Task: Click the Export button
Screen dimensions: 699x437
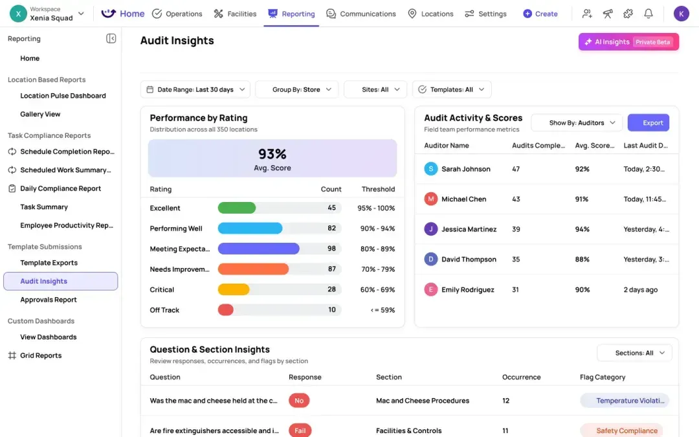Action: tap(648, 122)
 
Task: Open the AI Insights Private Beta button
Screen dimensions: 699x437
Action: tap(628, 42)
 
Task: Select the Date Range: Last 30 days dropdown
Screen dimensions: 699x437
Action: tap(195, 89)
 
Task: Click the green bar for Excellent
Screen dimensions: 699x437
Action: tap(237, 208)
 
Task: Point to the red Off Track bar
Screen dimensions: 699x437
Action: tap(226, 310)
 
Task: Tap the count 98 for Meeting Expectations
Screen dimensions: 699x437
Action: tap(331, 249)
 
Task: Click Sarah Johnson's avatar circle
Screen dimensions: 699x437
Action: tap(430, 169)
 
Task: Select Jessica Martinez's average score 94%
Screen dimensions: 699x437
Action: tap(582, 229)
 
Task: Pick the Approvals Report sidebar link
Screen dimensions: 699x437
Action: tap(49, 300)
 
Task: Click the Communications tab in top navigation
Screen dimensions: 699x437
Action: tap(361, 14)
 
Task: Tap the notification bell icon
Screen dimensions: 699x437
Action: tap(648, 14)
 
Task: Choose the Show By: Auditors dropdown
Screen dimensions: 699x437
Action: tap(577, 122)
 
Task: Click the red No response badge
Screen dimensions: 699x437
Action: tap(299, 401)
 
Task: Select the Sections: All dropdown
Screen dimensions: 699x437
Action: tap(634, 353)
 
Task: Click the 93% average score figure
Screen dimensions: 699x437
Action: tap(272, 154)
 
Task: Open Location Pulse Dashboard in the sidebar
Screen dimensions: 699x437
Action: tap(63, 96)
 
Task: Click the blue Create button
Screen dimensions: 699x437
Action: tap(540, 14)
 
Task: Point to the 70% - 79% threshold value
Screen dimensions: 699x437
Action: tap(378, 269)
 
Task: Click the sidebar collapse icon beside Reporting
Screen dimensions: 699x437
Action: tap(111, 39)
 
